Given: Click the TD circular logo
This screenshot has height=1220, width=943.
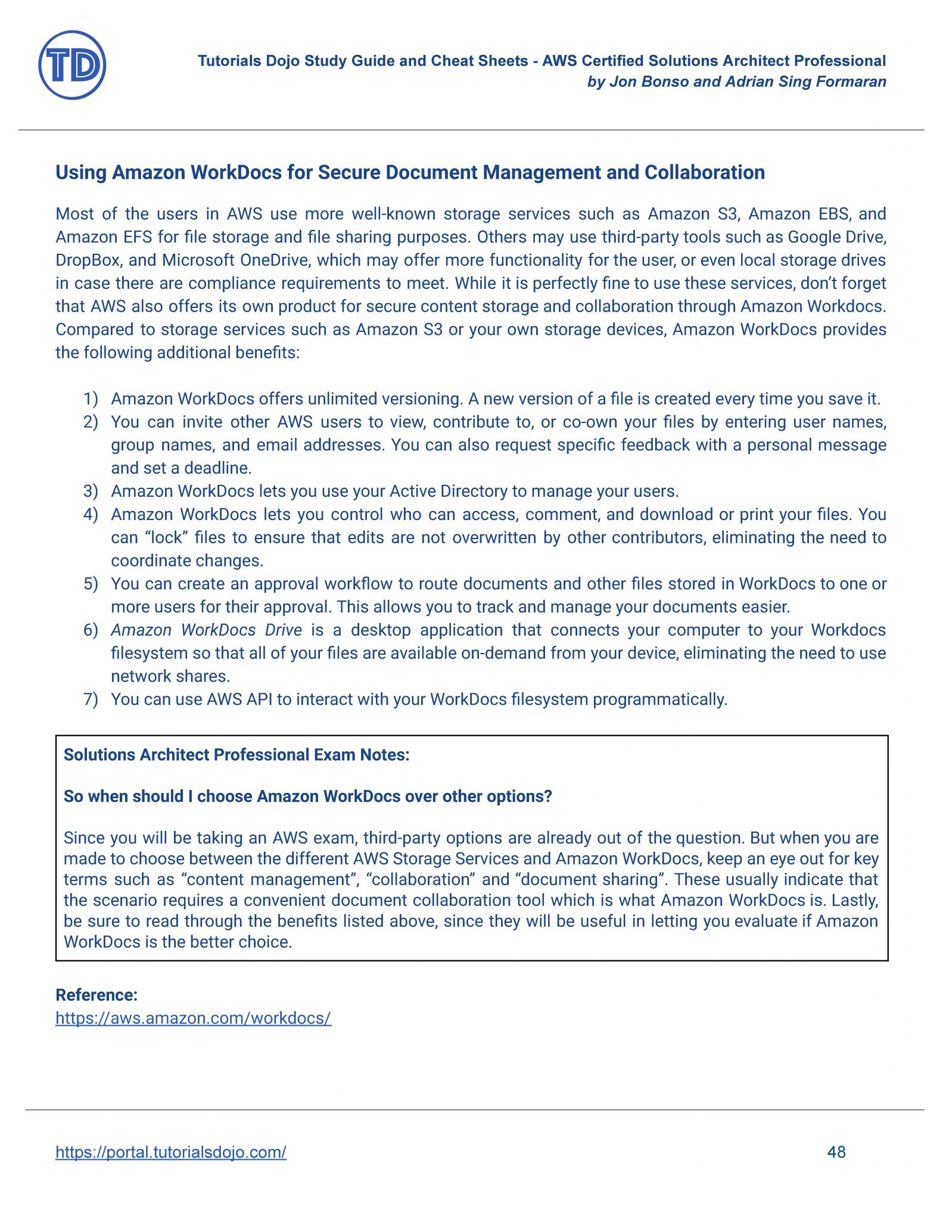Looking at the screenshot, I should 72,65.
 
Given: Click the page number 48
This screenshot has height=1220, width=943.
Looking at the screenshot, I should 836,1151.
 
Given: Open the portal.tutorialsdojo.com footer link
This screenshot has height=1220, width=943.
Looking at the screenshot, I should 171,1151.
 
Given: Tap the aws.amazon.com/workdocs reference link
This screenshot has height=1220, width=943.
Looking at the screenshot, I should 193,1017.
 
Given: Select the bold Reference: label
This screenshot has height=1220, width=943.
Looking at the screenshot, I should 97,994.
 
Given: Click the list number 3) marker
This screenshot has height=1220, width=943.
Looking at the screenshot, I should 91,491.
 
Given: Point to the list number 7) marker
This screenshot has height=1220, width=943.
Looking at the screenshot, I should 91,699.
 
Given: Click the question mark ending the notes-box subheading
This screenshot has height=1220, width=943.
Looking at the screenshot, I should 548,796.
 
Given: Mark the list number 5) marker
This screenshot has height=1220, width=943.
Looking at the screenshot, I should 91,583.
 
